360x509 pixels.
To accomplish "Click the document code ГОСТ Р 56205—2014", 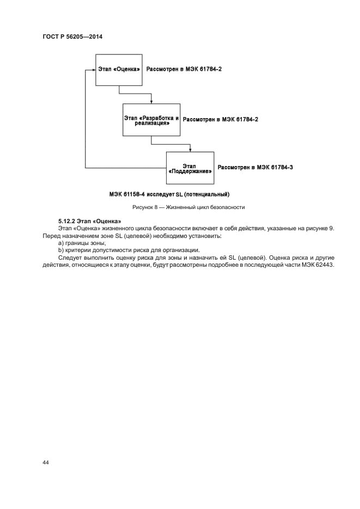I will [72, 36].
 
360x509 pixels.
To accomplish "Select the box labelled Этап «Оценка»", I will [119, 70].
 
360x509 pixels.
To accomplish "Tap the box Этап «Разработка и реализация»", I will [151, 120].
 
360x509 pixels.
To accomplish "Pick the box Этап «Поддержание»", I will [190, 168].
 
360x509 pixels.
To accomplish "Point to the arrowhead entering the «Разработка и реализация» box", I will [151, 101].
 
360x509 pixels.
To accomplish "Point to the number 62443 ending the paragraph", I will [324, 265].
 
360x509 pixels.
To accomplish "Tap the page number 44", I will [45, 462].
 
